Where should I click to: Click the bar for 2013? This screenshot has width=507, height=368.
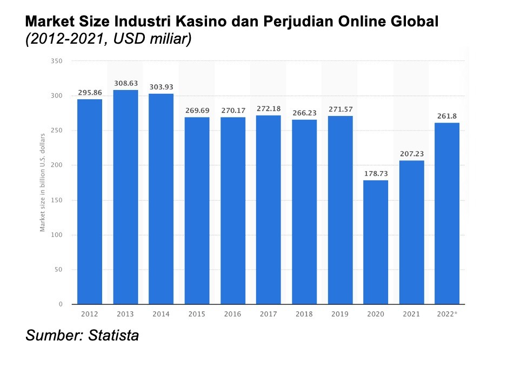125,197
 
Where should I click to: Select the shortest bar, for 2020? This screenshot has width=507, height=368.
376,242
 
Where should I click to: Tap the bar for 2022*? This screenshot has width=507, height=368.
447,213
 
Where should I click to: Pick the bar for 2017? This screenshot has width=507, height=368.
269,210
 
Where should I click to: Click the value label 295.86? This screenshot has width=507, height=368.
90,92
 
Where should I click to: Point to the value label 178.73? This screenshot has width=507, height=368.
376,173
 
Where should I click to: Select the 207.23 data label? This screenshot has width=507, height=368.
411,154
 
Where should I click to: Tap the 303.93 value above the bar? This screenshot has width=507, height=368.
161,87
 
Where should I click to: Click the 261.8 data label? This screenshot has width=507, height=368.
447,116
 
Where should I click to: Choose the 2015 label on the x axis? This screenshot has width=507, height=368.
197,314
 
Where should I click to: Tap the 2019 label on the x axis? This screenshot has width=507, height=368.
340,314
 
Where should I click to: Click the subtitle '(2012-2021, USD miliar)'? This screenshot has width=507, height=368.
109,40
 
